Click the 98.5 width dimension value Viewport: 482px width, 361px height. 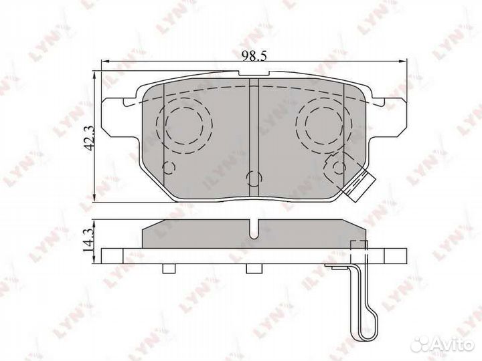click(x=253, y=55)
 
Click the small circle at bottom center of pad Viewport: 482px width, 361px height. click(x=254, y=178)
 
